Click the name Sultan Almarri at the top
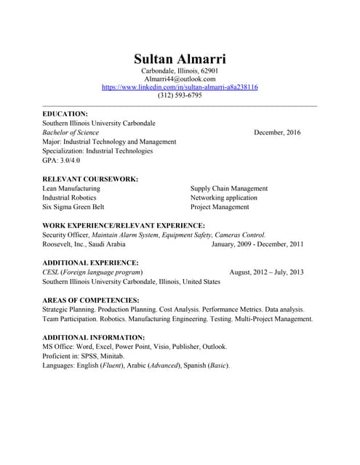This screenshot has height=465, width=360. pyautogui.click(x=180, y=58)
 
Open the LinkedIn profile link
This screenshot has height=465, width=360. pyautogui.click(x=180, y=87)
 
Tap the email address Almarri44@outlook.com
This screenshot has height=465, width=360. pyautogui.click(x=180, y=78)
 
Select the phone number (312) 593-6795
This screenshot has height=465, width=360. pyautogui.click(x=180, y=96)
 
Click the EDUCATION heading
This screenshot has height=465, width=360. pyautogui.click(x=65, y=114)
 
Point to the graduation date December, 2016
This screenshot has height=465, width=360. pyautogui.click(x=277, y=133)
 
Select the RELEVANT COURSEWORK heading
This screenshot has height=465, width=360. pyautogui.click(x=90, y=179)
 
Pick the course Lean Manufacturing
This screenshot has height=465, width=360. pyautogui.click(x=71, y=188)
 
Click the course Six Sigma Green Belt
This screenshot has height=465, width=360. pyautogui.click(x=73, y=207)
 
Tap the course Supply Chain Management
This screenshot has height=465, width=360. pyautogui.click(x=229, y=188)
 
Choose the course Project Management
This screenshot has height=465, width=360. pyautogui.click(x=220, y=207)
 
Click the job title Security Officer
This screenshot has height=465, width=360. pyautogui.click(x=65, y=235)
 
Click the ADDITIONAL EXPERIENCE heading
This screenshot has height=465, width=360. pyautogui.click(x=91, y=262)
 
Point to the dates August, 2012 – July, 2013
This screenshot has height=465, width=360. pyautogui.click(x=266, y=272)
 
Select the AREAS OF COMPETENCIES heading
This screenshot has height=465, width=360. pyautogui.click(x=91, y=300)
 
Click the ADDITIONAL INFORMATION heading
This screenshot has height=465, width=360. pyautogui.click(x=94, y=337)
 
